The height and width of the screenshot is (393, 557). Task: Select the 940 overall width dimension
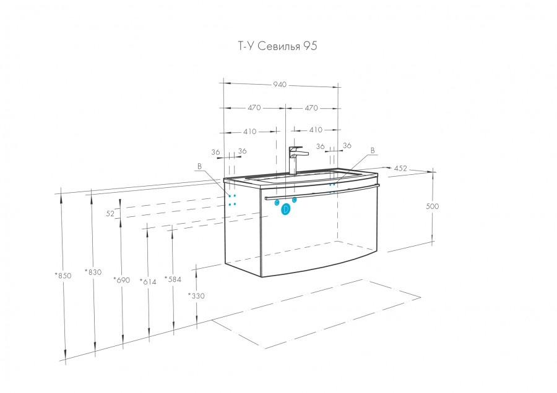[x=280, y=85]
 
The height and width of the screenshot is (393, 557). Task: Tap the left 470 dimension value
[x=254, y=108]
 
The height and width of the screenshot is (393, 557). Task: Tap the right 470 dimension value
[x=311, y=108]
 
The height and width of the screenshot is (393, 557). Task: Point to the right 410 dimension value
[x=316, y=130]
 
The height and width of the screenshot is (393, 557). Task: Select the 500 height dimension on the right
[x=432, y=206]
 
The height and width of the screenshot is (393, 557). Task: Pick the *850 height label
[x=63, y=276]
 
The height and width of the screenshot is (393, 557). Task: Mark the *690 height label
[x=121, y=281]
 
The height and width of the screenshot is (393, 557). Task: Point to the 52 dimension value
[x=110, y=213]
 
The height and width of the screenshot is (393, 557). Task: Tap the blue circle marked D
[x=286, y=210]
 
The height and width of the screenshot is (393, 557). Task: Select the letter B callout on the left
[x=199, y=166]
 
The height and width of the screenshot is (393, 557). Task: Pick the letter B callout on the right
[x=373, y=150]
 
